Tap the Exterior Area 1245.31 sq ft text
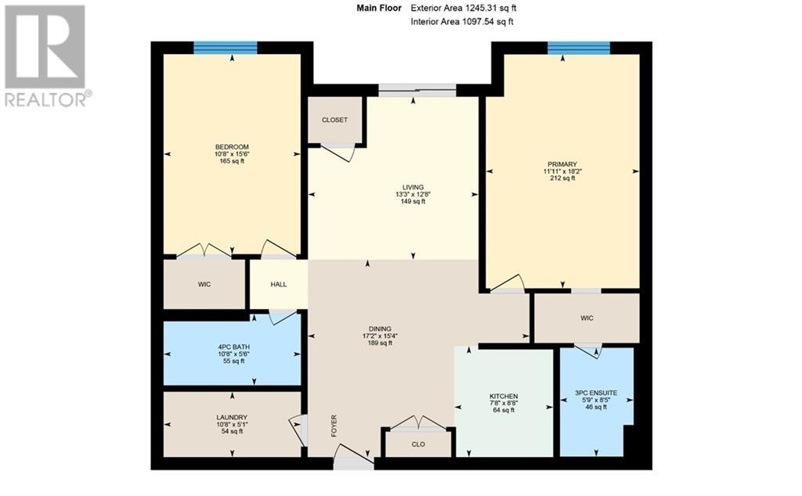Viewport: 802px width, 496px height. tap(463, 8)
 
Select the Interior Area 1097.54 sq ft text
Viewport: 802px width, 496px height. tap(462, 22)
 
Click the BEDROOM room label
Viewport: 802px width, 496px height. tap(232, 147)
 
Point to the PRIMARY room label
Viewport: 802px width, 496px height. tap(562, 164)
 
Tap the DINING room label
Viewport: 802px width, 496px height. tap(381, 329)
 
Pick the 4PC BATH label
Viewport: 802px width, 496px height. tap(232, 347)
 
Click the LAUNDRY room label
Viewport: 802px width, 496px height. tap(232, 417)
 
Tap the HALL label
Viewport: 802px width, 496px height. tap(279, 285)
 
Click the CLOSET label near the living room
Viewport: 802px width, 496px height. tap(334, 120)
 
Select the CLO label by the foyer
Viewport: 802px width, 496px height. tap(418, 444)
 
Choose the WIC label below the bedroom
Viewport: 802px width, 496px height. tap(204, 284)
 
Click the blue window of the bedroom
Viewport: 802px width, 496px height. tap(226, 47)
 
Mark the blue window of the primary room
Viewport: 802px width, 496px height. tap(579, 47)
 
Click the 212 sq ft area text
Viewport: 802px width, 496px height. tap(562, 178)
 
